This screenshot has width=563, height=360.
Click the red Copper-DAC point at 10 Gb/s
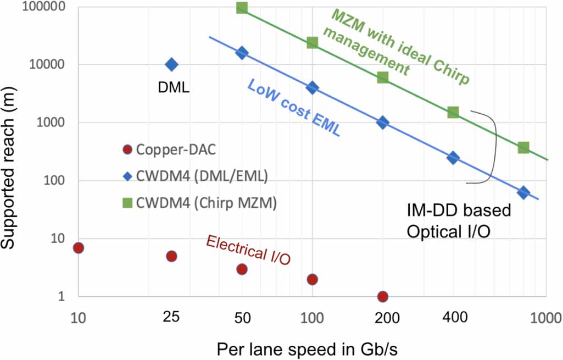pyautogui.click(x=79, y=247)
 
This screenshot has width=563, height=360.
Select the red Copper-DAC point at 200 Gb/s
pyautogui.click(x=383, y=296)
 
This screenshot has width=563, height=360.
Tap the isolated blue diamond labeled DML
pyautogui.click(x=171, y=65)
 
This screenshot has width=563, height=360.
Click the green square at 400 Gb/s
pyautogui.click(x=453, y=112)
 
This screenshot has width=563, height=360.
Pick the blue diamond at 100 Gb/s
pyautogui.click(x=312, y=87)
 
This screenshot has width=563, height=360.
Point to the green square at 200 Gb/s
pyautogui.click(x=383, y=77)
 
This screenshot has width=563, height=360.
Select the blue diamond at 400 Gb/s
pyautogui.click(x=453, y=158)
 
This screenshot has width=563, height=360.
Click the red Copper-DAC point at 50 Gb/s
pyautogui.click(x=242, y=269)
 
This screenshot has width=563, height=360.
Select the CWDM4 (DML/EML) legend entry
pyautogui.click(x=197, y=176)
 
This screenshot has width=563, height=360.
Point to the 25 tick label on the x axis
pyautogui.click(x=171, y=319)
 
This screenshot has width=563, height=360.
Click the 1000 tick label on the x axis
pyautogui.click(x=544, y=319)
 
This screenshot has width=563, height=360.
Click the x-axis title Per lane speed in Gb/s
pyautogui.click(x=307, y=349)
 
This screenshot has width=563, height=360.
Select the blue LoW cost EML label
pyautogui.click(x=293, y=108)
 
